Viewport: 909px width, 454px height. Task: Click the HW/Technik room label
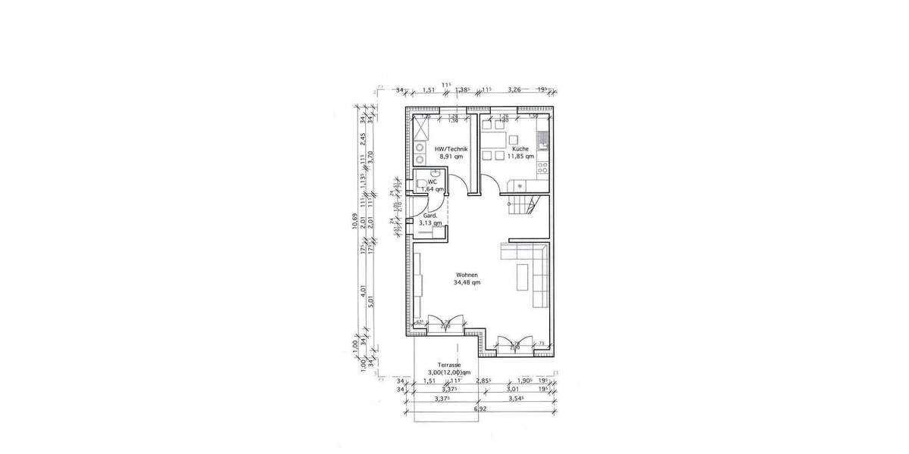(451, 149)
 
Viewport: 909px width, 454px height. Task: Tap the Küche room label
(520, 149)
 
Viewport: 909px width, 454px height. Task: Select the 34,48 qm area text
(467, 282)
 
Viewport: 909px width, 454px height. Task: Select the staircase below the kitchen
(522, 204)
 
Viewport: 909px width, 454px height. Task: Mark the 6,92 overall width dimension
(479, 409)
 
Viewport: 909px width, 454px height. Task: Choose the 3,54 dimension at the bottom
(517, 398)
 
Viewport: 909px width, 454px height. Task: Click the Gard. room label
(428, 216)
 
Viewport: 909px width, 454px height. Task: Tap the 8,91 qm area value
(451, 157)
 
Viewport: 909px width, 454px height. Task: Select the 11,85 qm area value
(521, 157)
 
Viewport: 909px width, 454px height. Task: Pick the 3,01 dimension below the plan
(512, 389)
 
